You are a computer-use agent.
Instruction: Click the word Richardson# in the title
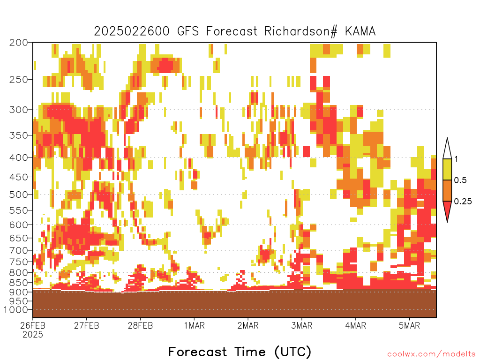[300, 31]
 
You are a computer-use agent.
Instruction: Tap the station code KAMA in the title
[360, 31]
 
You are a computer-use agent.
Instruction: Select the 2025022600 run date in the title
[132, 31]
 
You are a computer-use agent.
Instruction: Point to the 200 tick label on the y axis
[18, 43]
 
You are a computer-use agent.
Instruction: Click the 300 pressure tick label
[18, 110]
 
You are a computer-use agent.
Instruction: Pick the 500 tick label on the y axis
[18, 195]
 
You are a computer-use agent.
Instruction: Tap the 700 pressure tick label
[18, 250]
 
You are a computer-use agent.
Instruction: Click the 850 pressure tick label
[18, 283]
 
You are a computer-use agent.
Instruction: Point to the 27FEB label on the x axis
[86, 325]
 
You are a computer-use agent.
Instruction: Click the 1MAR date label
[194, 325]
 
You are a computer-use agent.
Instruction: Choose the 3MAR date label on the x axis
[301, 325]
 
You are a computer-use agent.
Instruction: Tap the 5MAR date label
[409, 325]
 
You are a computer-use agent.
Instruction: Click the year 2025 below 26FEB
[33, 335]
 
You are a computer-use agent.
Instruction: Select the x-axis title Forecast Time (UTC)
[240, 352]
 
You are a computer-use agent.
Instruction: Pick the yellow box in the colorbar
[447, 169]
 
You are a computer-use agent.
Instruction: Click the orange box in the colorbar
[447, 190]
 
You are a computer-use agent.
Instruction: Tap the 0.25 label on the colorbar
[463, 201]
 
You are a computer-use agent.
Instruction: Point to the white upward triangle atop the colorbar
[447, 150]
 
